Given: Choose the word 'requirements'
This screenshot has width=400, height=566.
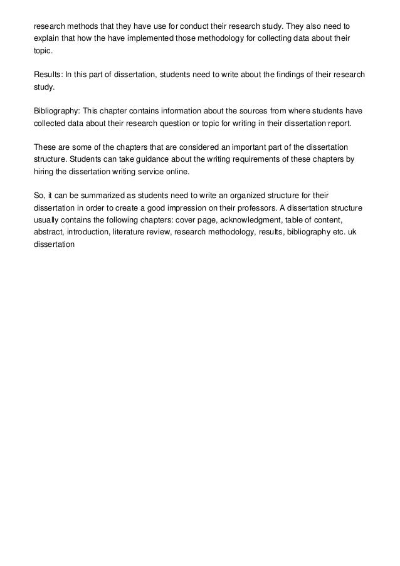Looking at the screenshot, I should click(x=247, y=160).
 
